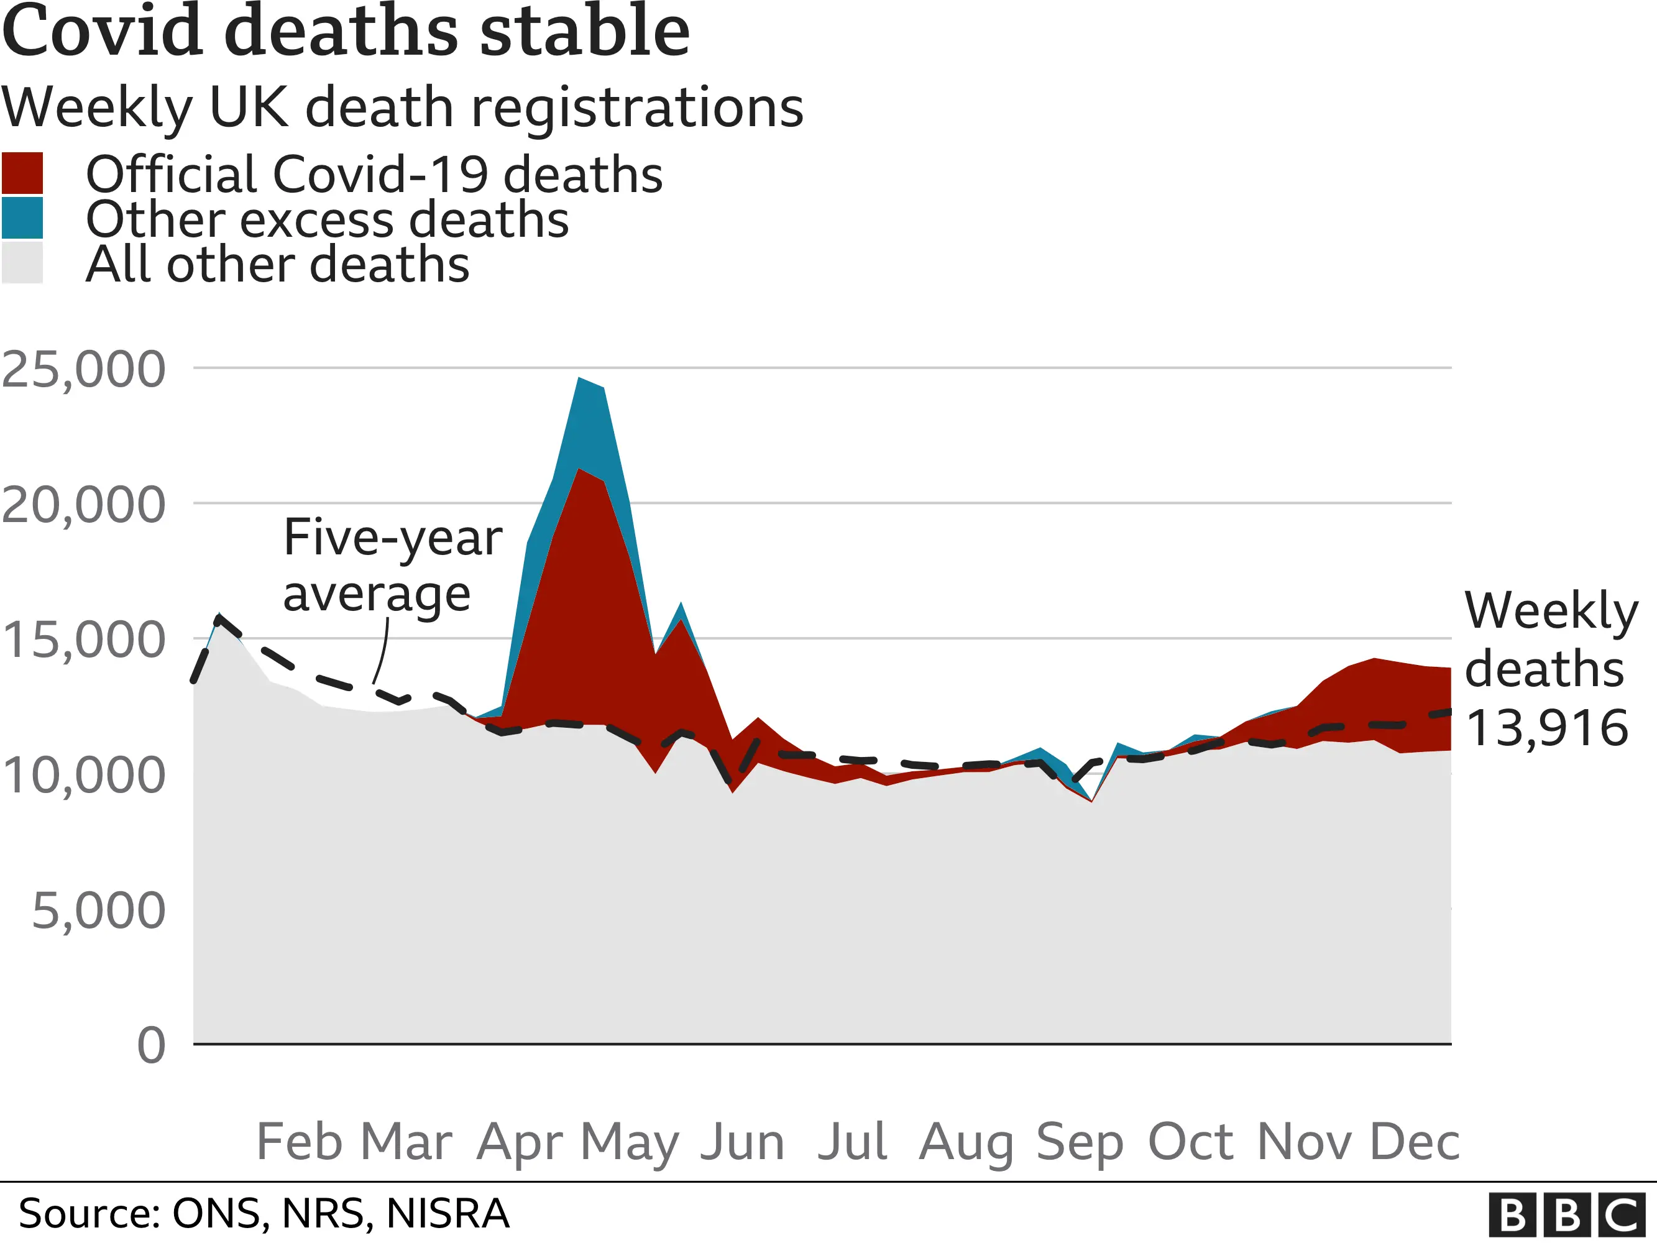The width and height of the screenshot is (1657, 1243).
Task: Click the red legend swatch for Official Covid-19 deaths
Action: click(x=22, y=173)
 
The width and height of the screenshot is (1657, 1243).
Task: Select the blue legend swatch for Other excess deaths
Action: click(x=22, y=218)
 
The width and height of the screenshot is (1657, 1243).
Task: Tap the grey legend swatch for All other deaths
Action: click(x=22, y=263)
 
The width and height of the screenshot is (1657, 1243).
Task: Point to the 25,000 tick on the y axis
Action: click(x=83, y=370)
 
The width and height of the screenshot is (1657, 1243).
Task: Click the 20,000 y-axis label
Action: click(x=83, y=506)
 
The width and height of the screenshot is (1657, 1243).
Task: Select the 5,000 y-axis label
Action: click(x=98, y=912)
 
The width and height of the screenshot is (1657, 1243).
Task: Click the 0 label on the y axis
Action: click(x=150, y=1047)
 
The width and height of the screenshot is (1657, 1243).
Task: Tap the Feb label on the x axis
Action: click(x=299, y=1142)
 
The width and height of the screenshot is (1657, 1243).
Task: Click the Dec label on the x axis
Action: click(x=1415, y=1142)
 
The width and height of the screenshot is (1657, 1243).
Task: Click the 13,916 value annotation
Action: click(x=1546, y=728)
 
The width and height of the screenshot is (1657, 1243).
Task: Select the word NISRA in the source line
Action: click(x=448, y=1214)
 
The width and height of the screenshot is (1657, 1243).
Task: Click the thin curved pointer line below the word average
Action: click(x=382, y=652)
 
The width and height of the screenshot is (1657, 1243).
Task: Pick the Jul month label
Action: click(x=851, y=1142)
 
